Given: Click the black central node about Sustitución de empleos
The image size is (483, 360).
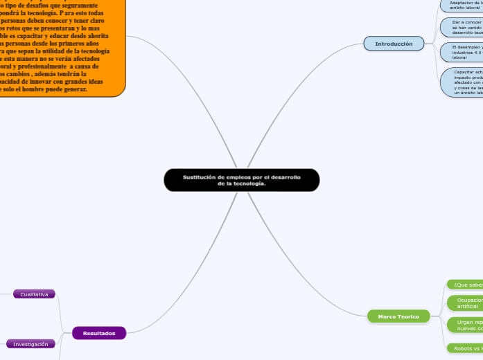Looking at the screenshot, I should click(x=241, y=180).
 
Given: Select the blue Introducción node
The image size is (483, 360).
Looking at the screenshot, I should click(x=394, y=44).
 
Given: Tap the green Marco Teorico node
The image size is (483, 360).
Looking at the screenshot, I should click(x=398, y=316).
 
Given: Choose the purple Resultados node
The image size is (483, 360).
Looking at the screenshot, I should click(x=99, y=333).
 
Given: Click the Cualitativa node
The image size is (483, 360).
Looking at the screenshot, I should click(x=34, y=294).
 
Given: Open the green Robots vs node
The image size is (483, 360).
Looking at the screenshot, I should click(x=464, y=348).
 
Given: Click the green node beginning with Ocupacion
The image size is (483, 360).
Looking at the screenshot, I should click(x=465, y=303).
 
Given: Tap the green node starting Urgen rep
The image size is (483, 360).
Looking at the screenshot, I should click(x=465, y=325).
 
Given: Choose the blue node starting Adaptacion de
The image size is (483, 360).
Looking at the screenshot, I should click(x=462, y=5).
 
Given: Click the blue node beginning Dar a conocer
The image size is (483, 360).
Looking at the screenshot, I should click(x=462, y=27).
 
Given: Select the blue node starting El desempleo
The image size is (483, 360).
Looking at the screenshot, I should click(x=462, y=52).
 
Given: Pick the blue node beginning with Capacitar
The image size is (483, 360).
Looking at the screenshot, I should click(x=463, y=82).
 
